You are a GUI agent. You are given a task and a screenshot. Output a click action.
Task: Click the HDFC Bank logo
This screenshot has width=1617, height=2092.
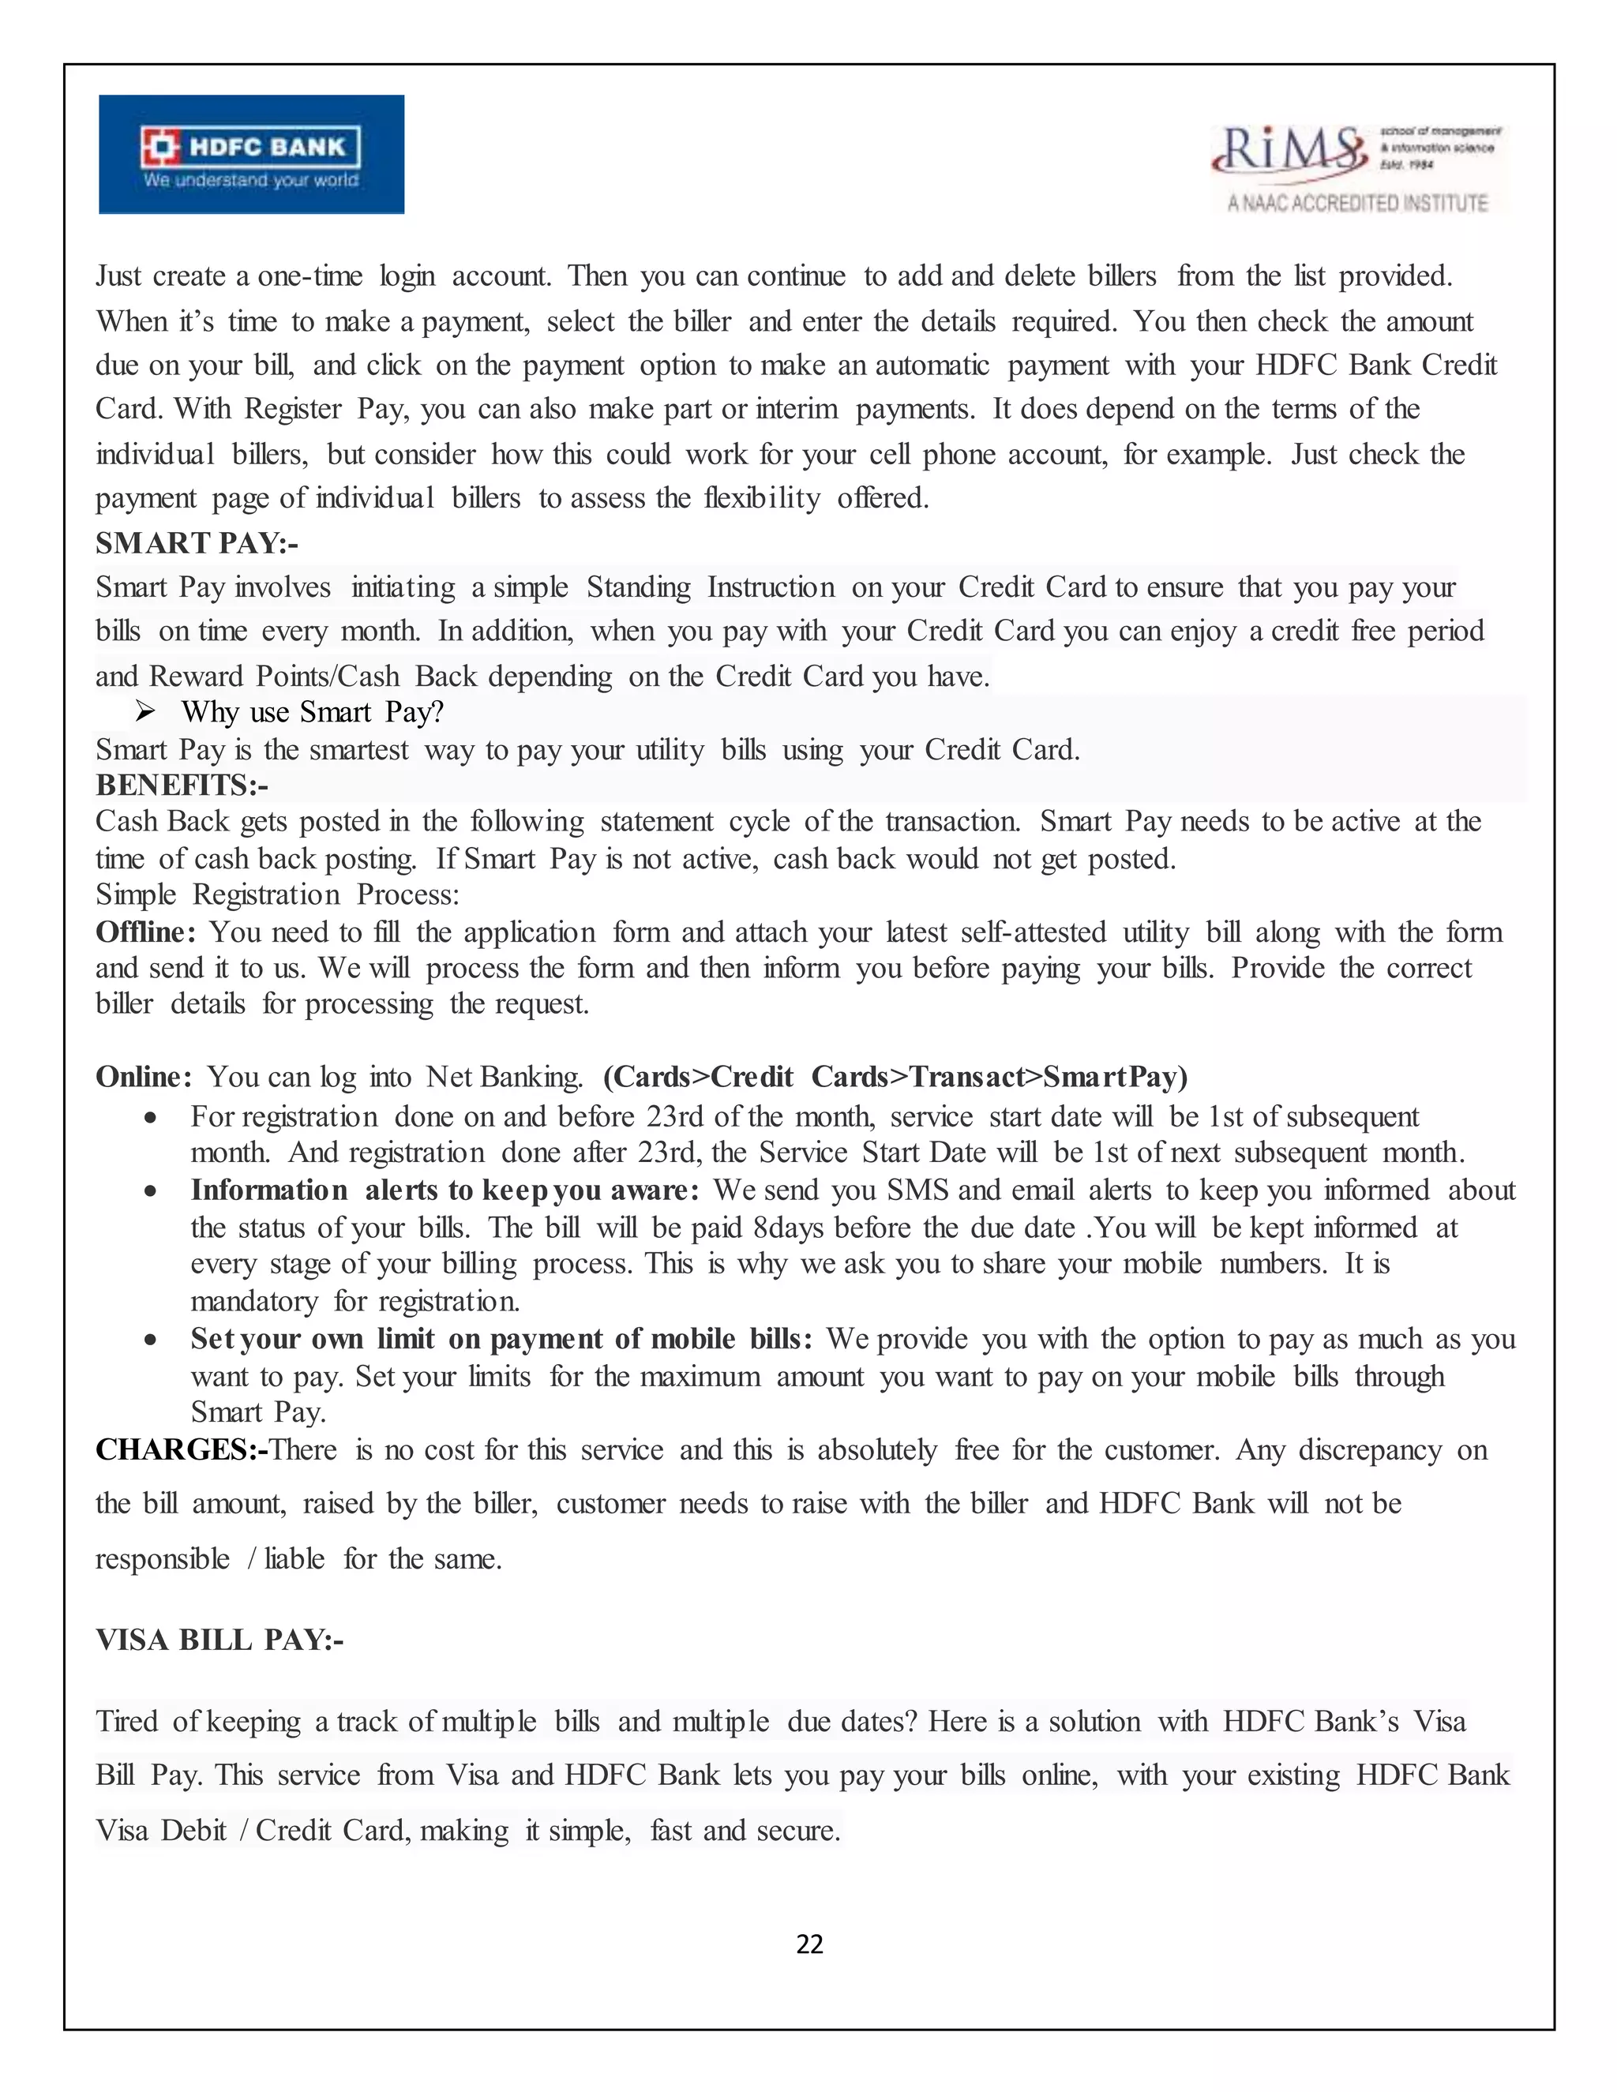(251, 154)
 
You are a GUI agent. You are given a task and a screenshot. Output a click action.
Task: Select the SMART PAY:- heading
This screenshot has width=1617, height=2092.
(197, 543)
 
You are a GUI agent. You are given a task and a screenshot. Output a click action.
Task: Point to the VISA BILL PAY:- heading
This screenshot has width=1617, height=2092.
(219, 1639)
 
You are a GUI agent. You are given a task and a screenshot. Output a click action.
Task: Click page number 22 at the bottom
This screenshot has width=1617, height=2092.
(809, 1944)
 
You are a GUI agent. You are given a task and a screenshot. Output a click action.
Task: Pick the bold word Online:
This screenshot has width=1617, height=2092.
(144, 1077)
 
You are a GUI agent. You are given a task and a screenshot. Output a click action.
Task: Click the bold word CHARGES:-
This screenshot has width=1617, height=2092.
(181, 1449)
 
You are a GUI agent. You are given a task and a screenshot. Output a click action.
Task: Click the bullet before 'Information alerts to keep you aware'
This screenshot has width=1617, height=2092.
(150, 1191)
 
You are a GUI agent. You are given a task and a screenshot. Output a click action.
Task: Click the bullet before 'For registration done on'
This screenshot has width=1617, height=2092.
(150, 1118)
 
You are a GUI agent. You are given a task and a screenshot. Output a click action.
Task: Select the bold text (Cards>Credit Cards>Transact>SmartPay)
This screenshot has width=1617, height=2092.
(895, 1077)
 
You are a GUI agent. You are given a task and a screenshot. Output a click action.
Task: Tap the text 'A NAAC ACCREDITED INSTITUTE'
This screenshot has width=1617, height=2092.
(1357, 203)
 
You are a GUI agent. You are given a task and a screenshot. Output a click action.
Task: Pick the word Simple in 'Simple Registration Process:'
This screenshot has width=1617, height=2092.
(135, 894)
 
